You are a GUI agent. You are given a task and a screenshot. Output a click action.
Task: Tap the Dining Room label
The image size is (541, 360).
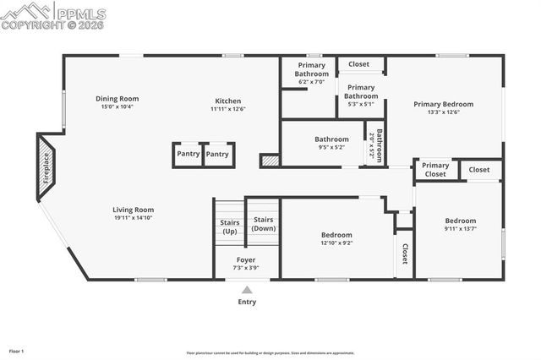click(117, 99)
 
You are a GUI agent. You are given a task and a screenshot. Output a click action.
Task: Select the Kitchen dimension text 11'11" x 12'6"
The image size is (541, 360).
click(227, 108)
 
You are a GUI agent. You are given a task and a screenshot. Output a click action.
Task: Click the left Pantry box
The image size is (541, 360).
click(188, 155)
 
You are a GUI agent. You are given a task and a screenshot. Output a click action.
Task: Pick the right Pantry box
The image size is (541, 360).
click(217, 155)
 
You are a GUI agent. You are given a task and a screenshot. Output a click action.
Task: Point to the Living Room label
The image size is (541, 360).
click(134, 210)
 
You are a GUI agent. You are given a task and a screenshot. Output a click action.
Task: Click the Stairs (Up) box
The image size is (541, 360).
click(229, 226)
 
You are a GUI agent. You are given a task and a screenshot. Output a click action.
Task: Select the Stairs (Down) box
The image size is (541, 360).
click(264, 224)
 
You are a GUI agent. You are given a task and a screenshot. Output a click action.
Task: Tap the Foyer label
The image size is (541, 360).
click(245, 259)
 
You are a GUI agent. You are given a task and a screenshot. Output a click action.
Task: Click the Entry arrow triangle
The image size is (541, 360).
click(247, 290)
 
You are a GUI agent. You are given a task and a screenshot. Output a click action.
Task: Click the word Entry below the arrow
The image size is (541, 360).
click(247, 302)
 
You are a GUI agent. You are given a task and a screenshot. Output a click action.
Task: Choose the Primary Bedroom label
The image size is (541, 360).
click(443, 104)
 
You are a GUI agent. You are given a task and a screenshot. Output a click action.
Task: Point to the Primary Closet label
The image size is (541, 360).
click(435, 170)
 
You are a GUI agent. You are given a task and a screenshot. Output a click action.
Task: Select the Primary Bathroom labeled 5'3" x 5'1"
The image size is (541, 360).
click(361, 92)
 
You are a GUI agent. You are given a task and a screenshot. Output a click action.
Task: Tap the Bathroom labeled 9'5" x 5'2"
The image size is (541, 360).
click(331, 139)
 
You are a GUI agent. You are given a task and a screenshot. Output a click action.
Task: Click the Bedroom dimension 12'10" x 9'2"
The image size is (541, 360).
click(336, 243)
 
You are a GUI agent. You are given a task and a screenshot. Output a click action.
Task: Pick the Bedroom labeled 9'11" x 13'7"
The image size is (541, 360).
click(461, 221)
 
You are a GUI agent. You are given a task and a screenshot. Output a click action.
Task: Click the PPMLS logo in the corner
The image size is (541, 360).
click(54, 15)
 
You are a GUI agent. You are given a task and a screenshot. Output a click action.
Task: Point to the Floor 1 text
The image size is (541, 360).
click(17, 351)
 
